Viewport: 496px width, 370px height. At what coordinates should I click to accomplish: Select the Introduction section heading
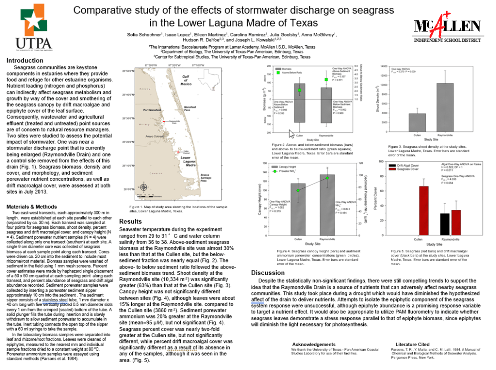pos(25,61)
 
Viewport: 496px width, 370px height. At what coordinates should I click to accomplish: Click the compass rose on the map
pos(143,187)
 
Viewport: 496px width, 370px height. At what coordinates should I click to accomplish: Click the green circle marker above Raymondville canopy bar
pos(327,178)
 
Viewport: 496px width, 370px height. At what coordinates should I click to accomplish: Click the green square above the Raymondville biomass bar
pos(326,80)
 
